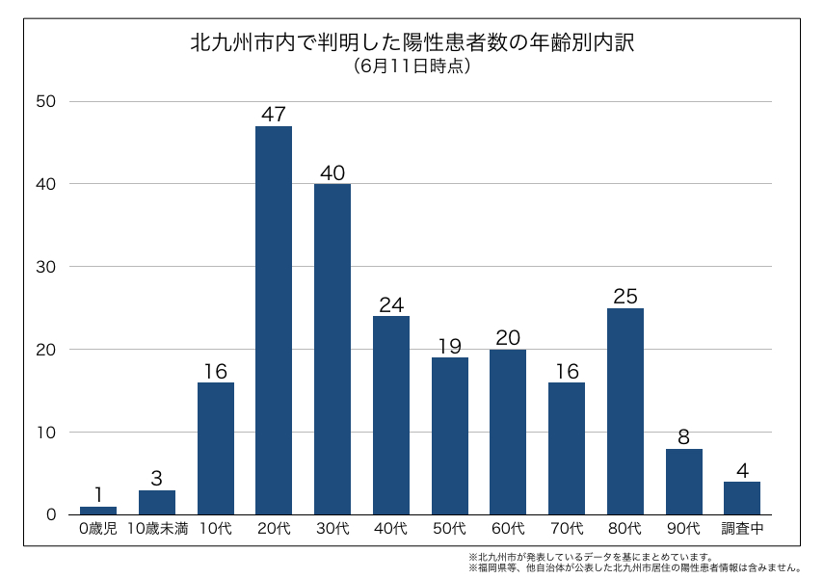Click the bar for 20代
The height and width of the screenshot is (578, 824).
[x=274, y=320]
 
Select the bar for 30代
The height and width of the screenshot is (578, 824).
[x=332, y=349]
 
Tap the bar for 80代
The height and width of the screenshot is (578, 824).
[x=625, y=411]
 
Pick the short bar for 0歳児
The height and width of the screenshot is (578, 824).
[x=98, y=511]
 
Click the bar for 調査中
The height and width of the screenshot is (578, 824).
[x=742, y=498]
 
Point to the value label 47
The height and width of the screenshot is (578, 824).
[x=274, y=115]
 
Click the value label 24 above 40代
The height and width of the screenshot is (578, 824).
[x=391, y=304]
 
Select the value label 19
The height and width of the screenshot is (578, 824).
[x=450, y=346]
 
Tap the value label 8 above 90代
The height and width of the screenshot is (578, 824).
[x=684, y=437]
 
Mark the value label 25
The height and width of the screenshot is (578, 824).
[x=625, y=297]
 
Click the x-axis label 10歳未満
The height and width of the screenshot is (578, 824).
[x=157, y=529]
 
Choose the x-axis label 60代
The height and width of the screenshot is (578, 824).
[x=508, y=529]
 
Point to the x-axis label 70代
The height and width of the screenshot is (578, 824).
[x=567, y=529]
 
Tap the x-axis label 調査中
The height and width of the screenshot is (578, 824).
[x=742, y=529]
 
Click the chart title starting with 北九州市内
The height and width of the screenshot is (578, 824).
[x=412, y=43]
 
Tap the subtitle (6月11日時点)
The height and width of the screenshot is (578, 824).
[x=412, y=66]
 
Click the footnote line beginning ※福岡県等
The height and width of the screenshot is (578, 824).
[x=636, y=568]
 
